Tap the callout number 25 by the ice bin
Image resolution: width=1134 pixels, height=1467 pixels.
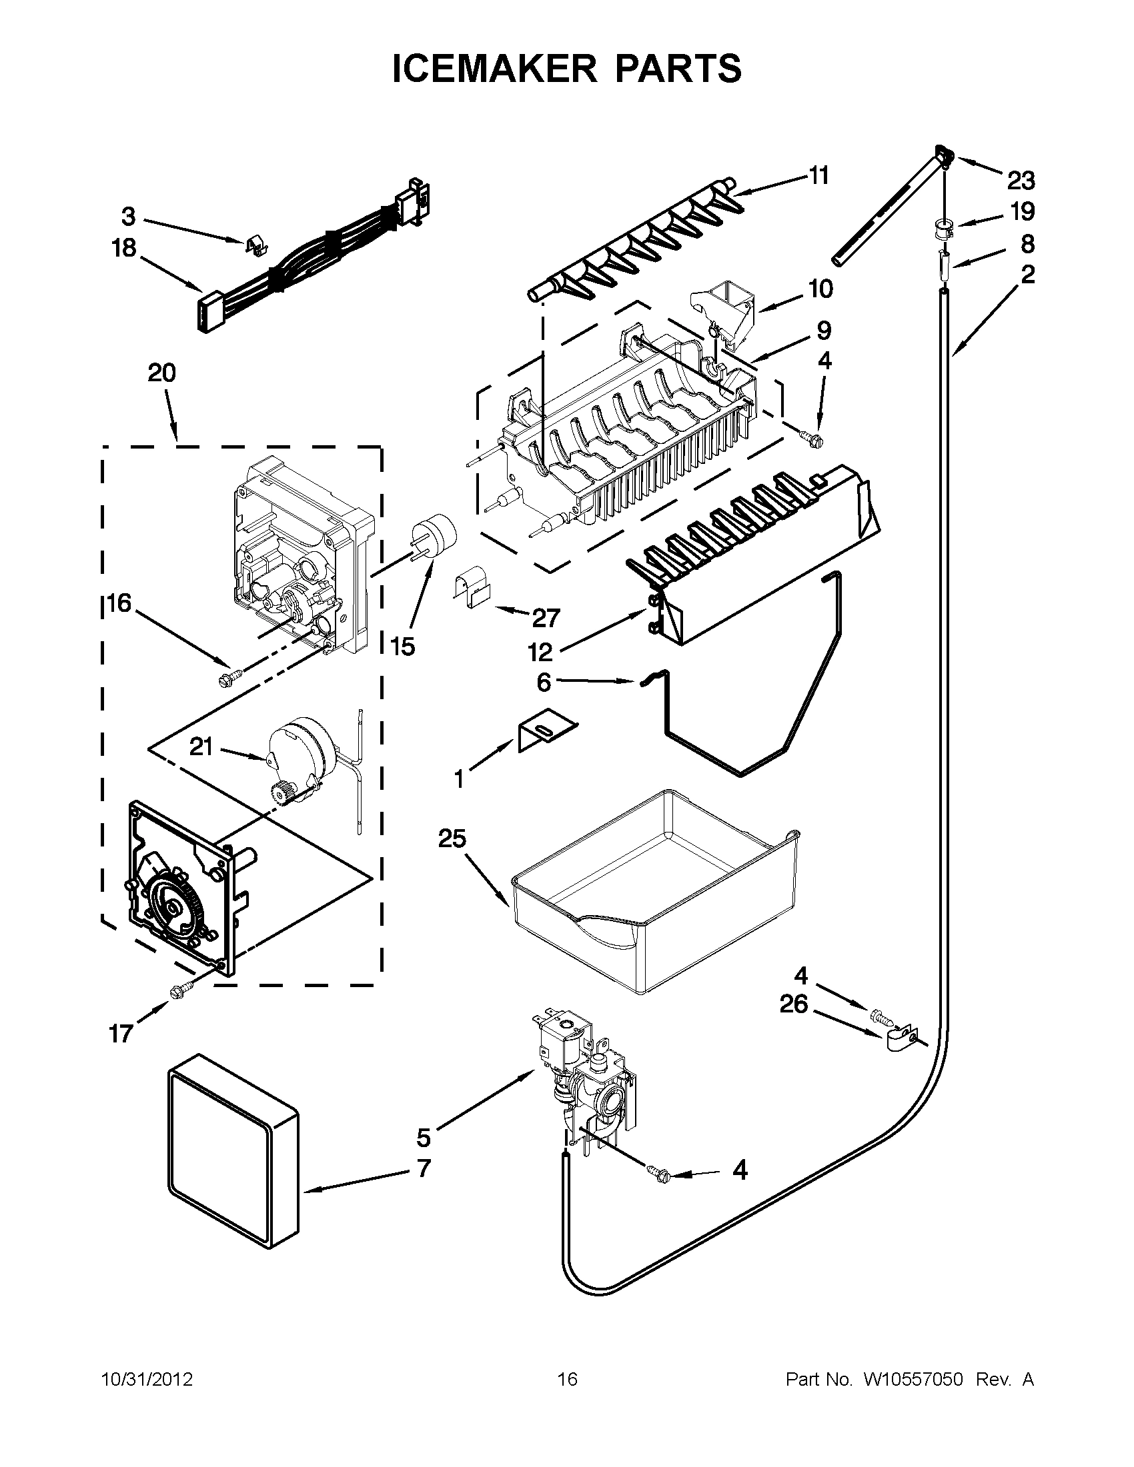click(452, 839)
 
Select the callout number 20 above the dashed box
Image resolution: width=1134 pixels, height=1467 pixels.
click(161, 373)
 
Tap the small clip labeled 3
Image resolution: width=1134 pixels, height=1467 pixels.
click(255, 246)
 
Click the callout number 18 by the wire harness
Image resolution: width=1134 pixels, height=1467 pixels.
click(123, 249)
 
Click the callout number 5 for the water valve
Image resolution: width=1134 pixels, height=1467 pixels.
click(424, 1138)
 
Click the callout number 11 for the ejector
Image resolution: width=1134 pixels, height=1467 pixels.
click(818, 176)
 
